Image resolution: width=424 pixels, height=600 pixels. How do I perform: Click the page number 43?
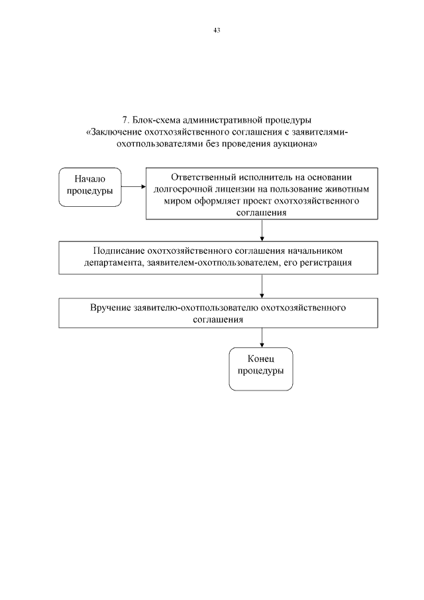[217, 30]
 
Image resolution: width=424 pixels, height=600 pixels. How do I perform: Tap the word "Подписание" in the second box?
[118, 251]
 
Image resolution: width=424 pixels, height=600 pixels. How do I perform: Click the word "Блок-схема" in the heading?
[154, 120]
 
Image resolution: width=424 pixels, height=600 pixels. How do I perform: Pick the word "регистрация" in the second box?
[327, 263]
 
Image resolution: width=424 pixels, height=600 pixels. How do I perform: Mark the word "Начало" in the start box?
[90, 179]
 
